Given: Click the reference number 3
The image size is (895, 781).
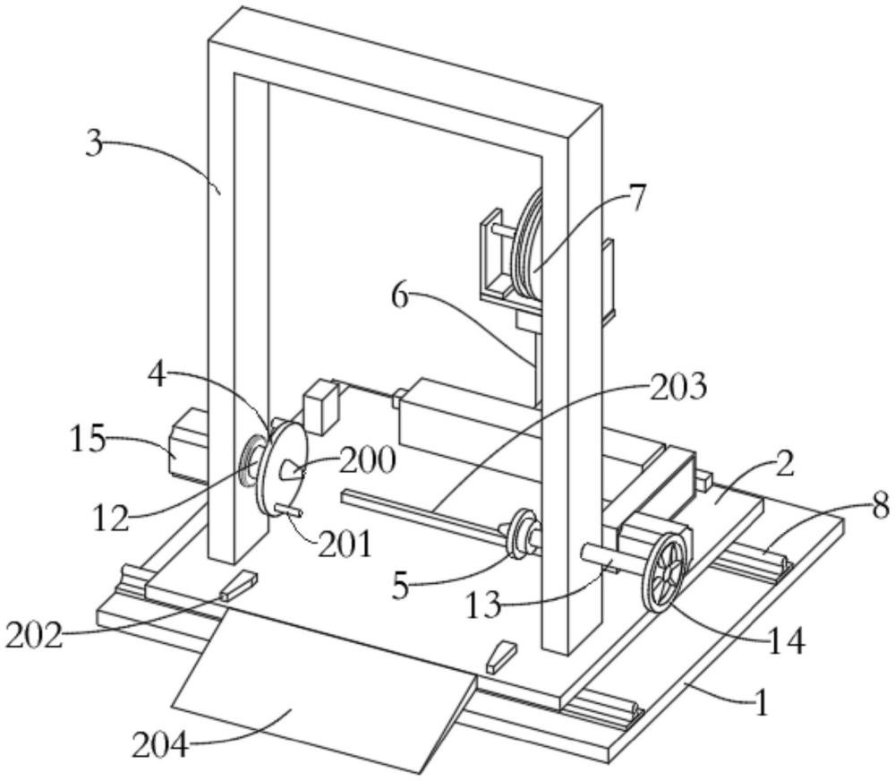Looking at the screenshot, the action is click(x=95, y=143).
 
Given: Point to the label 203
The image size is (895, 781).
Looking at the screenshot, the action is click(x=678, y=387).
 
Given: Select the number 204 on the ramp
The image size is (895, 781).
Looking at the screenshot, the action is click(x=160, y=745).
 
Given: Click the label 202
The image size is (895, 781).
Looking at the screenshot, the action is click(x=34, y=635).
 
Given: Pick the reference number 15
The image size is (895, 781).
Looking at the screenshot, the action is click(x=89, y=440).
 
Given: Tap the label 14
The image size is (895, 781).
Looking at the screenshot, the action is click(x=787, y=641).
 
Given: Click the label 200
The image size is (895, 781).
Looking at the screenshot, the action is click(x=368, y=460).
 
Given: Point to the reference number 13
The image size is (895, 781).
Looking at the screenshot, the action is click(x=484, y=605).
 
